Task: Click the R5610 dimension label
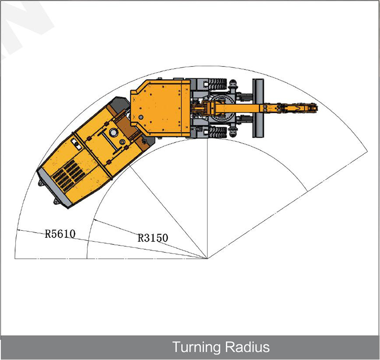(x=60, y=234)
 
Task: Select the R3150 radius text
(x=152, y=238)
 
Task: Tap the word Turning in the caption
(x=195, y=347)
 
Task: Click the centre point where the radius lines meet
(x=208, y=259)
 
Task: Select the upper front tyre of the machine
(x=218, y=84)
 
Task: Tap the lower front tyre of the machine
(x=218, y=133)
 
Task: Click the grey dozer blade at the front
(x=258, y=108)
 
